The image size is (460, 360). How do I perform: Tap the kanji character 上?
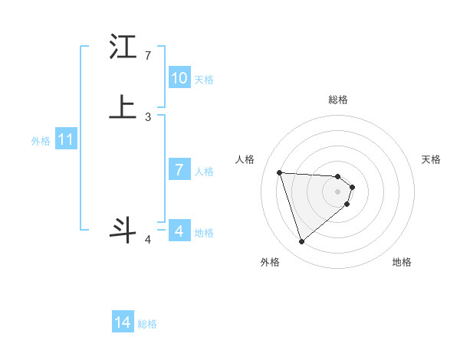tap(123, 108)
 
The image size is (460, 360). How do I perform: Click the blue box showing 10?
tap(179, 78)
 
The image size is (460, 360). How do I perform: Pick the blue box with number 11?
tap(66, 140)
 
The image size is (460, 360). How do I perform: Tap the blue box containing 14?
tap(123, 323)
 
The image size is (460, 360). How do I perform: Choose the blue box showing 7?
tap(179, 170)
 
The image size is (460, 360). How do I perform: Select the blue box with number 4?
tap(179, 231)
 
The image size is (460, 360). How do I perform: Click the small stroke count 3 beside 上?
tap(148, 117)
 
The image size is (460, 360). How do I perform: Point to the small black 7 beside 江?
tap(148, 56)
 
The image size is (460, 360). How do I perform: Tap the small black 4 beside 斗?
tap(148, 240)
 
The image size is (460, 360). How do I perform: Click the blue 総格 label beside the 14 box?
tap(147, 324)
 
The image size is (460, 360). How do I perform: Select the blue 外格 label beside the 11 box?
tap(41, 141)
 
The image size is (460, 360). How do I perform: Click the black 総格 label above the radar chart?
tap(338, 100)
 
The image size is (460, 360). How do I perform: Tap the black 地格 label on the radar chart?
tap(402, 262)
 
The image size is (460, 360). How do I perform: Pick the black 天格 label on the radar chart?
tap(431, 159)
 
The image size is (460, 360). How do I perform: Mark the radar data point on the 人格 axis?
tap(280, 172)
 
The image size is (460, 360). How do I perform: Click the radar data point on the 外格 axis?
tap(301, 242)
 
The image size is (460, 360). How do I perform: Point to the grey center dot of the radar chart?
tap(338, 191)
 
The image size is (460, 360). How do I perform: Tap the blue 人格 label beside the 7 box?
tap(205, 171)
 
